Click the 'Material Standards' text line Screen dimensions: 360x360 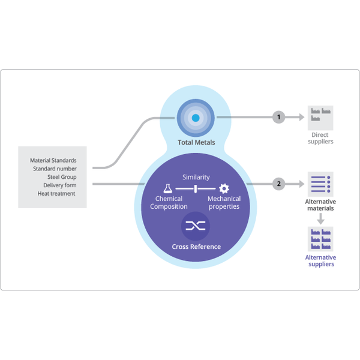click(x=53, y=160)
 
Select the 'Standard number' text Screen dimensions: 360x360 click(x=55, y=169)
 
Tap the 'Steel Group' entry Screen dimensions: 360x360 click(x=62, y=177)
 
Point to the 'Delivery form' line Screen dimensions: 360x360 click(x=60, y=185)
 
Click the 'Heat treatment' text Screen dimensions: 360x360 click(x=56, y=194)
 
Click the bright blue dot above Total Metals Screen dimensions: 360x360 click(x=196, y=118)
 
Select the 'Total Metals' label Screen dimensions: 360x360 click(x=196, y=142)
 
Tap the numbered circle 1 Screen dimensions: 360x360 click(x=279, y=117)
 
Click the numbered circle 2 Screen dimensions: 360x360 click(x=279, y=184)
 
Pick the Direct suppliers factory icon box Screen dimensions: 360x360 click(x=320, y=118)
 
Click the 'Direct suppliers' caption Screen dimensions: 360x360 click(x=320, y=138)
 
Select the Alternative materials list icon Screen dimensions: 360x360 click(x=320, y=184)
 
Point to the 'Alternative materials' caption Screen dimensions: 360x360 click(x=320, y=205)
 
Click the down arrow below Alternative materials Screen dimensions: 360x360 click(x=320, y=218)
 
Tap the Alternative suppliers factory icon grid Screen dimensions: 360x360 click(x=320, y=239)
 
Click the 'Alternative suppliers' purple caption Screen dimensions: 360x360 click(x=321, y=260)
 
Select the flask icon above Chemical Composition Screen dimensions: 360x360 click(x=168, y=188)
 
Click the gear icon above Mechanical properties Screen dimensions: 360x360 click(x=224, y=188)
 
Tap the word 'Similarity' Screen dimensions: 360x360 click(x=196, y=177)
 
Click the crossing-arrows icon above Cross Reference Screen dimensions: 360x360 click(x=196, y=226)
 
